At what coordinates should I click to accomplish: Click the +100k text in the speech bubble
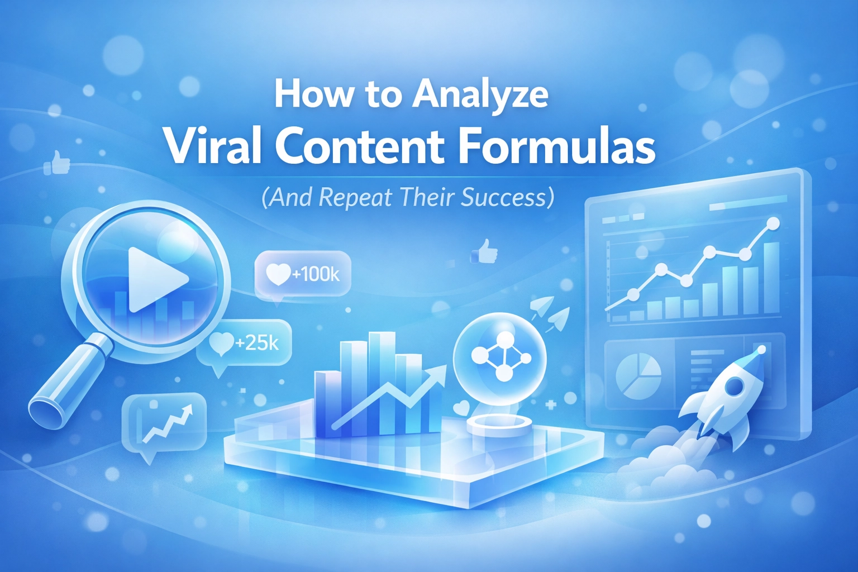coord(316,274)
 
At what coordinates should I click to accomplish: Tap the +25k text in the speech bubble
coord(257,342)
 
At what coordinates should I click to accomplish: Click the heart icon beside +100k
coord(278,275)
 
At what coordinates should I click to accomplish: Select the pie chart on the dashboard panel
coord(638,376)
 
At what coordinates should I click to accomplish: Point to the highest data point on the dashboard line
coord(773,223)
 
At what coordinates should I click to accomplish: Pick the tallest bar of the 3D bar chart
coord(382,383)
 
